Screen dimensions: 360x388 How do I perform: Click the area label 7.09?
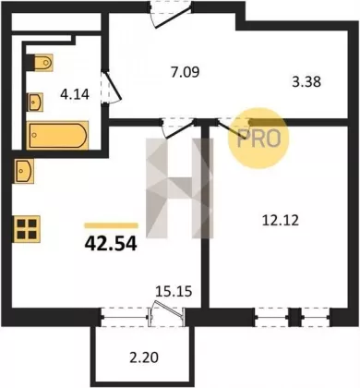click(x=186, y=72)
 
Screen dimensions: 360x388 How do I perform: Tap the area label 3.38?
click(x=306, y=82)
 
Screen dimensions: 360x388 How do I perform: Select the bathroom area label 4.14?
click(x=75, y=93)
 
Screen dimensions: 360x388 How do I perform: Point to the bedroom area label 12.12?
click(x=281, y=221)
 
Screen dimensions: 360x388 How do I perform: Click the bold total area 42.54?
click(x=111, y=244)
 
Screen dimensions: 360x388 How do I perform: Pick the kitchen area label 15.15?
click(x=174, y=291)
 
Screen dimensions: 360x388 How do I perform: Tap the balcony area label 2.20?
click(x=144, y=358)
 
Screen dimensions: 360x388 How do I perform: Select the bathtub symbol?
click(x=57, y=135)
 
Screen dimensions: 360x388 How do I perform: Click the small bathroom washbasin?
click(x=36, y=102)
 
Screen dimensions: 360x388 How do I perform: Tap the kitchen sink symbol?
click(x=23, y=171)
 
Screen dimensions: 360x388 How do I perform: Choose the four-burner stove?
click(x=27, y=229)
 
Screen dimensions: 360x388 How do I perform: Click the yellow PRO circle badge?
click(x=258, y=138)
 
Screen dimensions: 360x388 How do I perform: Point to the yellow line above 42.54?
click(x=111, y=225)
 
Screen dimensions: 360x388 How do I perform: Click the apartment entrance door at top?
click(x=171, y=15)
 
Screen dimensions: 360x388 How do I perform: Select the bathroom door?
click(x=112, y=87)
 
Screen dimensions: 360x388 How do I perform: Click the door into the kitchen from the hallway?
click(x=178, y=128)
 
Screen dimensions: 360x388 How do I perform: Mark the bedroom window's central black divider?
click(x=294, y=317)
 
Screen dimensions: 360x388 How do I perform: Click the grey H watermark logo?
click(x=180, y=188)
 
